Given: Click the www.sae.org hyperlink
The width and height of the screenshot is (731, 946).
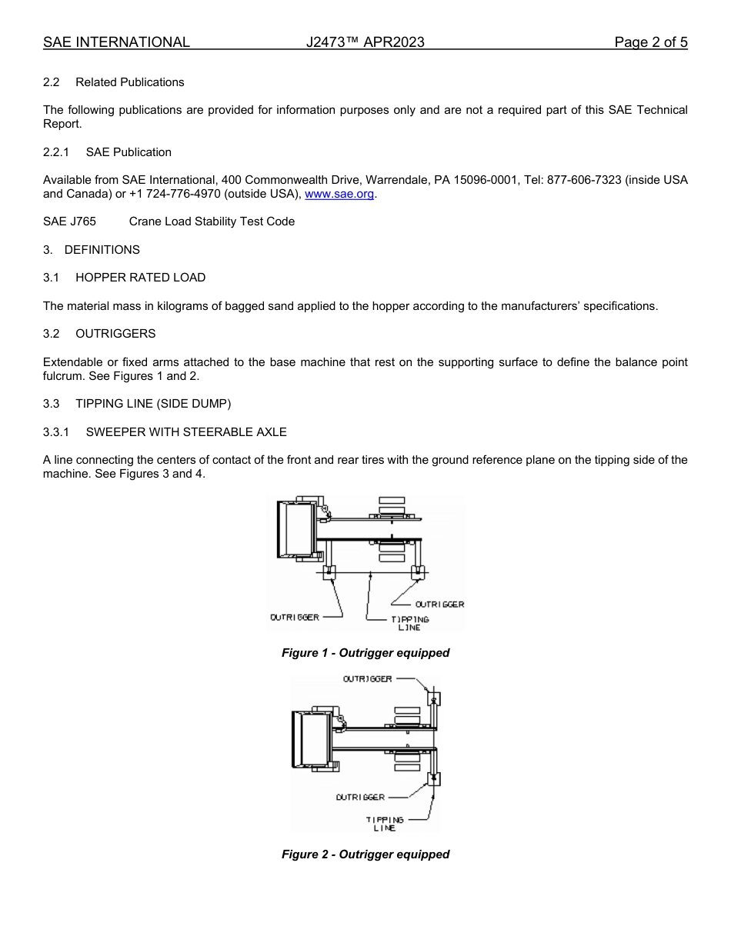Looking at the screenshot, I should point(339,194).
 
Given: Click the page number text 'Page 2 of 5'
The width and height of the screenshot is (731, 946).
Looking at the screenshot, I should point(650,42).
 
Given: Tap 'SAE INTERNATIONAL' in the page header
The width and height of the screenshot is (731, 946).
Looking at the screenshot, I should point(116,42).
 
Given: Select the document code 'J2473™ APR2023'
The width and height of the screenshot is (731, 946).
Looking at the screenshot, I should point(365,42).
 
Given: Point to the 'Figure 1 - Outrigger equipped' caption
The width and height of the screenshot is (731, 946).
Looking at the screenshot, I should point(365,653).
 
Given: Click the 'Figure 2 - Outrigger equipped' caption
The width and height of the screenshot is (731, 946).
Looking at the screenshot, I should point(365,854).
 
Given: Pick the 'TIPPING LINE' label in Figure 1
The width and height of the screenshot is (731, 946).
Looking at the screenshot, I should point(409,623).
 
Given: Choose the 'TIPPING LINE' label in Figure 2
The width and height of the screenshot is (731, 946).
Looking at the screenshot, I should point(384,824).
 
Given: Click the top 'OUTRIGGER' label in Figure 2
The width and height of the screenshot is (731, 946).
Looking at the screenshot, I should point(367,678).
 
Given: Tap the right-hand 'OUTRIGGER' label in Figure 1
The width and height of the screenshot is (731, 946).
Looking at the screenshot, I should point(439,605).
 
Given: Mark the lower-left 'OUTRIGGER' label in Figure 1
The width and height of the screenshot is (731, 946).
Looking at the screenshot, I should point(294,618).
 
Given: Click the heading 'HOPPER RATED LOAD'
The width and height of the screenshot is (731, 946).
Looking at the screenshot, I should point(140,278).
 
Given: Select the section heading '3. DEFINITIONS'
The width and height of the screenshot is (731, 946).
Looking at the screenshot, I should point(92,250).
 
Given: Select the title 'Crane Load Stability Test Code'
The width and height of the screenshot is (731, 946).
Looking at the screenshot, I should point(212,222).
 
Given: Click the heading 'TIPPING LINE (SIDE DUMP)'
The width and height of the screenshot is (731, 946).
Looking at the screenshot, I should point(153,404).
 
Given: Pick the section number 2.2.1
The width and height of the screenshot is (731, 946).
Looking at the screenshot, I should point(56,152).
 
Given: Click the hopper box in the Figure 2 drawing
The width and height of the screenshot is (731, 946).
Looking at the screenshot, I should point(313,738).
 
